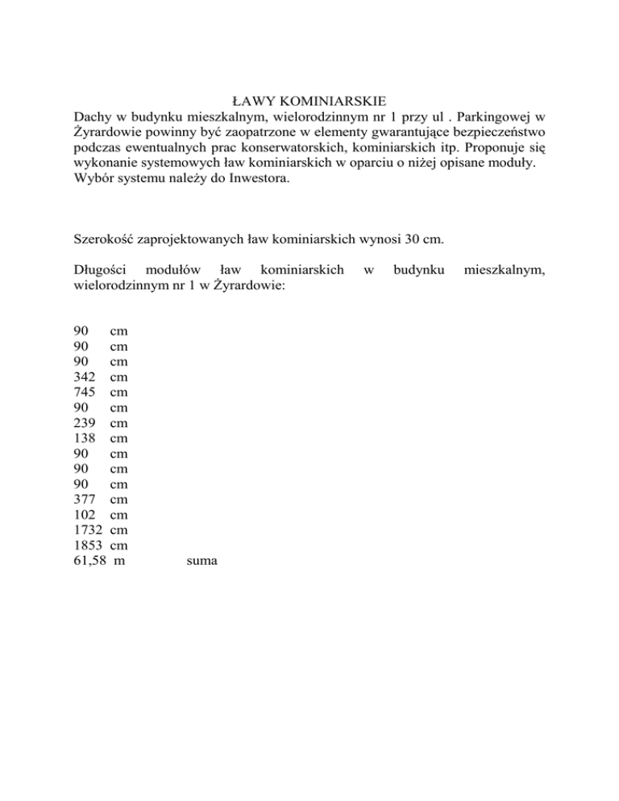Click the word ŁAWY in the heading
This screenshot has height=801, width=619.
[x=251, y=102]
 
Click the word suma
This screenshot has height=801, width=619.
[x=201, y=560]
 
